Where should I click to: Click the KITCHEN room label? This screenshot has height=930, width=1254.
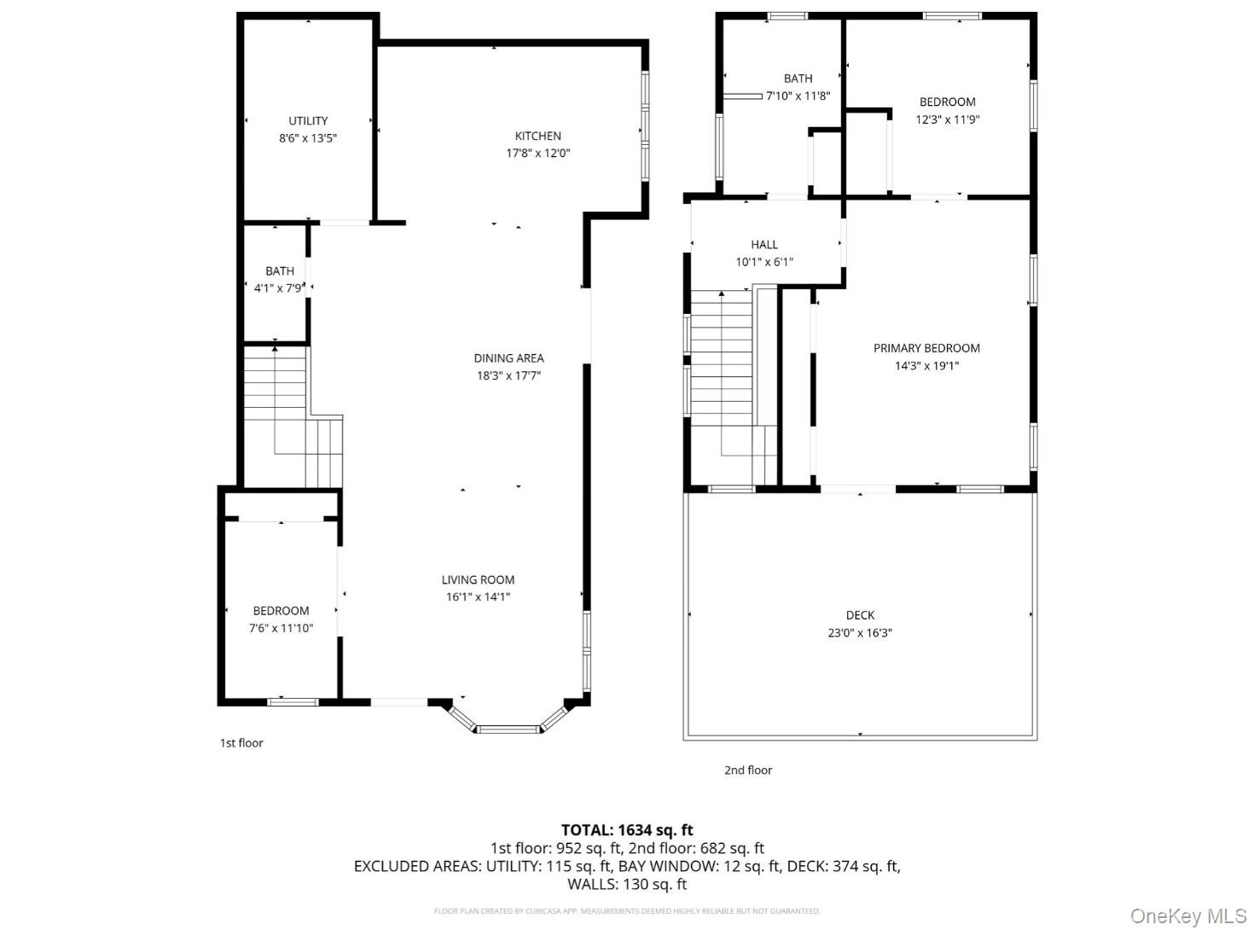(x=537, y=136)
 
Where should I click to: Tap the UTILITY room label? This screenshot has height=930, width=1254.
(x=308, y=120)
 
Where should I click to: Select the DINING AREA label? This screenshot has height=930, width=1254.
(x=508, y=358)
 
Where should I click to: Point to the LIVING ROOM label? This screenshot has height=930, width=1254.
(x=478, y=579)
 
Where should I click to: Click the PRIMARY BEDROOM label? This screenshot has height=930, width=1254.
(x=926, y=348)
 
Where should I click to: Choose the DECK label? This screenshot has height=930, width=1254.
(x=860, y=615)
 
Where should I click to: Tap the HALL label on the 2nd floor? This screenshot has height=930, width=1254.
(x=764, y=245)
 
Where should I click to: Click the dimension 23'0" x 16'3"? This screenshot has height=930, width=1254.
(x=860, y=633)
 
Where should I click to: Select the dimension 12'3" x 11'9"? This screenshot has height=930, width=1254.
(x=947, y=119)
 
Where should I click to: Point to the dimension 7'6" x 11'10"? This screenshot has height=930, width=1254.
(x=281, y=628)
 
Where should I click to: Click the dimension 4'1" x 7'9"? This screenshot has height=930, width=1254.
(x=278, y=288)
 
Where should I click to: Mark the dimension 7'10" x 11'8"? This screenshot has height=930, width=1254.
(x=798, y=96)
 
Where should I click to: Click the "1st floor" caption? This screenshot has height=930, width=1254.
(x=241, y=743)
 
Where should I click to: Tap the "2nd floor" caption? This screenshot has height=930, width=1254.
(x=748, y=770)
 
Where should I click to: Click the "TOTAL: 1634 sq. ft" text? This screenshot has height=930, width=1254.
(x=627, y=829)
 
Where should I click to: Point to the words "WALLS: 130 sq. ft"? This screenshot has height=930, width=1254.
(x=627, y=884)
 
